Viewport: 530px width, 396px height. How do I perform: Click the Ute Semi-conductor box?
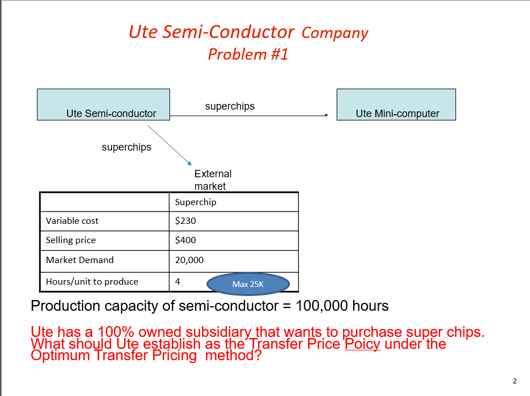103,105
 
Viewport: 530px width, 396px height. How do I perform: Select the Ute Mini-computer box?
396,105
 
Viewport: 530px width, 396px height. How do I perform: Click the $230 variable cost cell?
185,221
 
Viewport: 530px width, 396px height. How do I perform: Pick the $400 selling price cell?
185,240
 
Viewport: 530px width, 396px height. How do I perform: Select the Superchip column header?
196,202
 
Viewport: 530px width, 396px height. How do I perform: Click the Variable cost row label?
72,221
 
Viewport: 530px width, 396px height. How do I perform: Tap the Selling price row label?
71,240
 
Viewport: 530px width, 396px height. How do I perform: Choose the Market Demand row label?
80,260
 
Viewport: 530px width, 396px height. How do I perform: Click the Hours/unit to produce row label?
92,282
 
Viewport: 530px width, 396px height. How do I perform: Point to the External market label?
213,180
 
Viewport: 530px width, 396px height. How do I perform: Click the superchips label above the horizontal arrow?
230,106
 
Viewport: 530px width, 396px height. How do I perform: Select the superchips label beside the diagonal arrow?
126,147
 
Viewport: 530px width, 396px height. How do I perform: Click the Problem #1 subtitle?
248,55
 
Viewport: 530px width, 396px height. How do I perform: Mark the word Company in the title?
334,33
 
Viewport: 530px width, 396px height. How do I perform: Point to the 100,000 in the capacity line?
320,306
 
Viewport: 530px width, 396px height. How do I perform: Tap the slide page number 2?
514,381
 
